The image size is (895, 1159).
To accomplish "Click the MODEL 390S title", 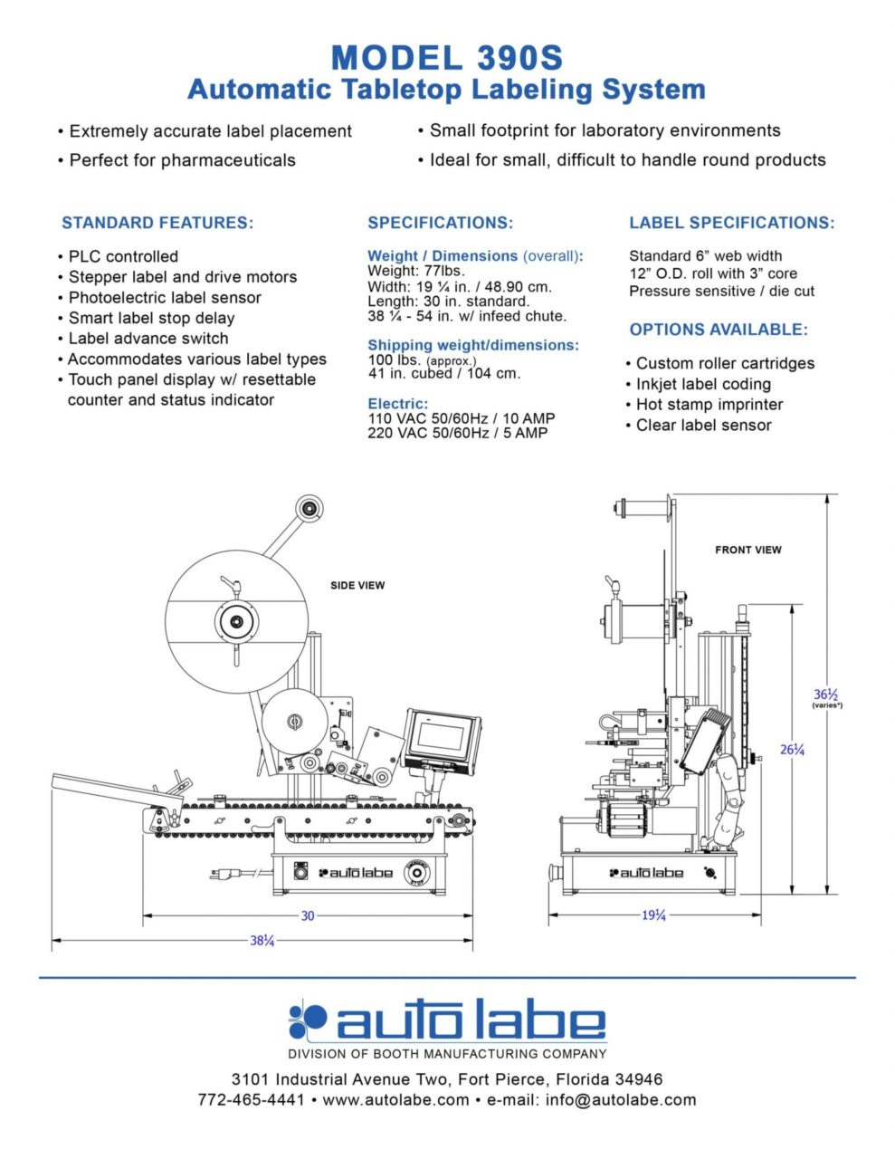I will tap(447, 57).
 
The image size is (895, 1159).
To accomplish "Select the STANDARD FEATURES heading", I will tap(157, 223).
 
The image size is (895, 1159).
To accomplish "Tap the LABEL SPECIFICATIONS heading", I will tap(731, 223).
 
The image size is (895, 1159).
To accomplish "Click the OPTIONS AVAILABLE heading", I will tap(719, 330).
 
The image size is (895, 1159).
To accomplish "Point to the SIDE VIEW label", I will tap(357, 586).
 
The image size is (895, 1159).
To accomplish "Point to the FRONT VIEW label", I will tap(747, 550).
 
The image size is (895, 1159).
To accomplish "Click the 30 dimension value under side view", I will tap(308, 916).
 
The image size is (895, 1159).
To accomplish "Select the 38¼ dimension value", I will tap(262, 941).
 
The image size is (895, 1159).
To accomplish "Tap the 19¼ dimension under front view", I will tap(654, 916).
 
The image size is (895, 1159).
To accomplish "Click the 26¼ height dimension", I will tap(793, 749).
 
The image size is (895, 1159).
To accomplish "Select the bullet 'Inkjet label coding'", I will tap(703, 384).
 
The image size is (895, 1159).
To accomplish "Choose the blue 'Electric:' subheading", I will tap(398, 404).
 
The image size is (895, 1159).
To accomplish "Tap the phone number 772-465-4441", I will tap(251, 1100).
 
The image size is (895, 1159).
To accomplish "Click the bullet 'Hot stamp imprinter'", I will tap(709, 405).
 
